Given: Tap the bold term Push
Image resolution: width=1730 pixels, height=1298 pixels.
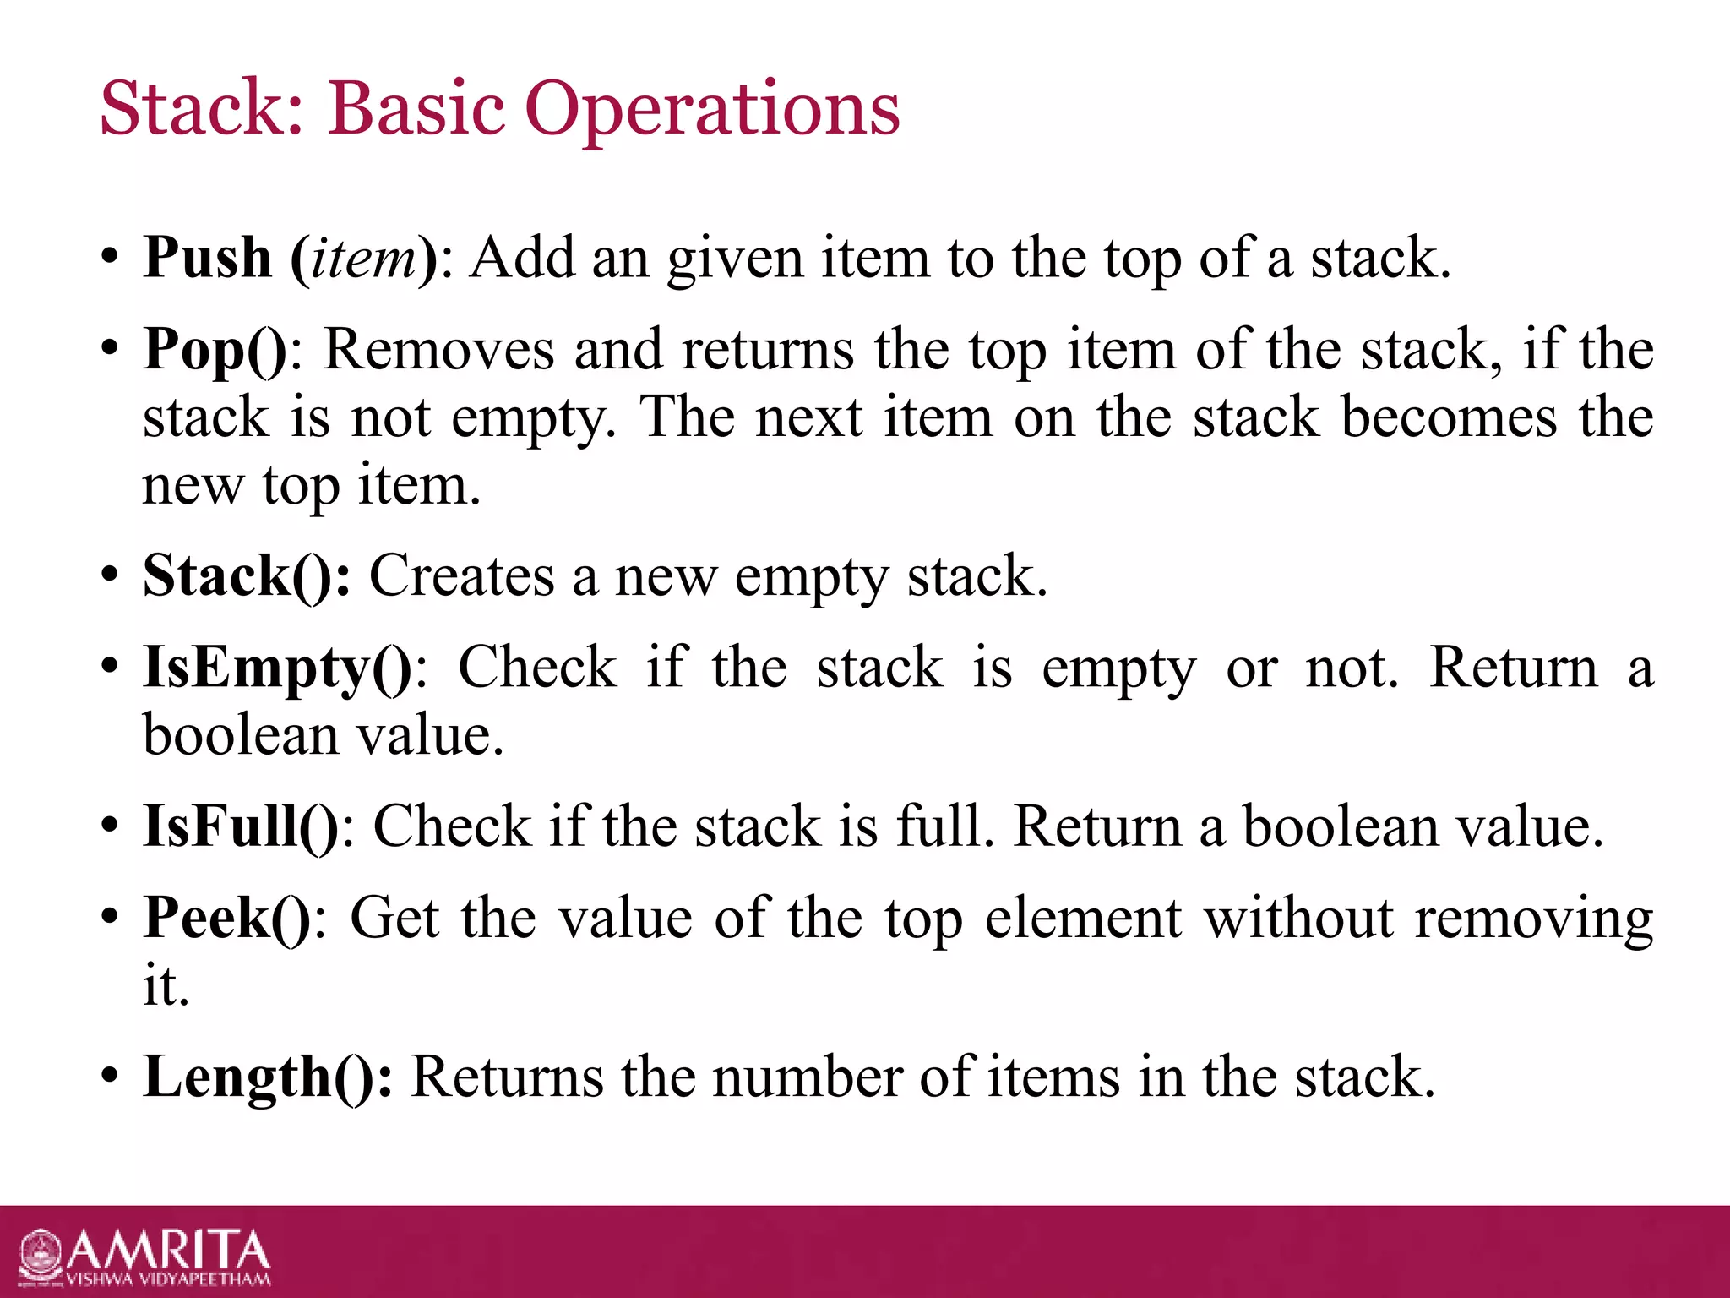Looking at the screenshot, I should coord(207,258).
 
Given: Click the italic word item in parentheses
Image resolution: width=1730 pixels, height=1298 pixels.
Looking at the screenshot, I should coord(363,258).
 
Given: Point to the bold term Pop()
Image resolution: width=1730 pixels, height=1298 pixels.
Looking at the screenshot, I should coord(215,350).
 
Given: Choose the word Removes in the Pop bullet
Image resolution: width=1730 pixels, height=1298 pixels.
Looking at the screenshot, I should coord(439,349).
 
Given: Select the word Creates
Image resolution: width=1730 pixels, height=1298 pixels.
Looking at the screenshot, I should coord(462,576).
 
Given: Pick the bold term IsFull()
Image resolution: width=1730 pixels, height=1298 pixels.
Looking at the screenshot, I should coord(241,826).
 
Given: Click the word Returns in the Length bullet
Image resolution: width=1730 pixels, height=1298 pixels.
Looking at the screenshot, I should coord(507,1077).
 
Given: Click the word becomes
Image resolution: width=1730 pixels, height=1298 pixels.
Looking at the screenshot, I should coord(1449,417).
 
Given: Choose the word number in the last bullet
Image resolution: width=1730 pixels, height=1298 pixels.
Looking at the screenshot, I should coord(807,1077).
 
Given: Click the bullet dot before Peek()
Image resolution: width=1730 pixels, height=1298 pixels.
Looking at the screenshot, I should coord(109,916).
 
